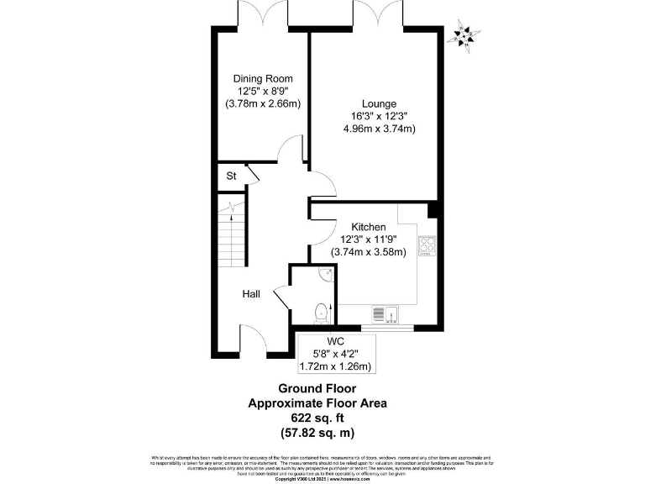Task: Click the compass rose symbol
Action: [x=464, y=36]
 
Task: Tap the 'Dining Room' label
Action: [x=263, y=79]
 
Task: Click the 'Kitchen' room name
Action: [x=369, y=227]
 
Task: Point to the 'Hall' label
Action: [x=251, y=294]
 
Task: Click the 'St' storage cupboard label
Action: [x=231, y=176]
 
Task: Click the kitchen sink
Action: [x=384, y=313]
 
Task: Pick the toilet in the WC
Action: [x=319, y=313]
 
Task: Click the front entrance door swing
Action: [x=252, y=340]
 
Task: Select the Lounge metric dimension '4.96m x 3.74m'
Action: [x=379, y=129]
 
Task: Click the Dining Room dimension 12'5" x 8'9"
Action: [x=263, y=92]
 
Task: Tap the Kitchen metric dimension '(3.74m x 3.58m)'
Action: [x=369, y=251]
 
